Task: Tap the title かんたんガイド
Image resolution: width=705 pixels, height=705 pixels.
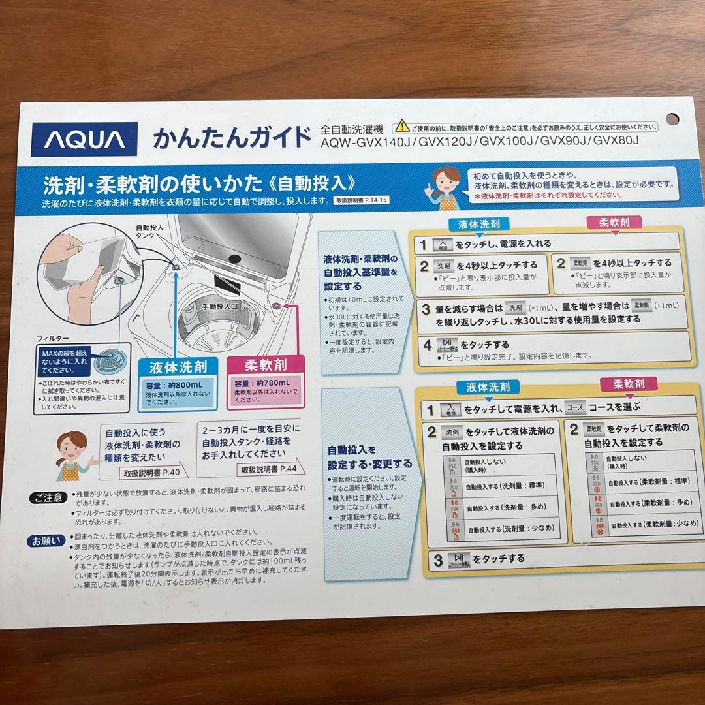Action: click(232, 138)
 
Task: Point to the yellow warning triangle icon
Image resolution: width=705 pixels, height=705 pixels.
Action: click(399, 127)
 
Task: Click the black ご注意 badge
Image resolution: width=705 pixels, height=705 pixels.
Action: click(48, 498)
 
